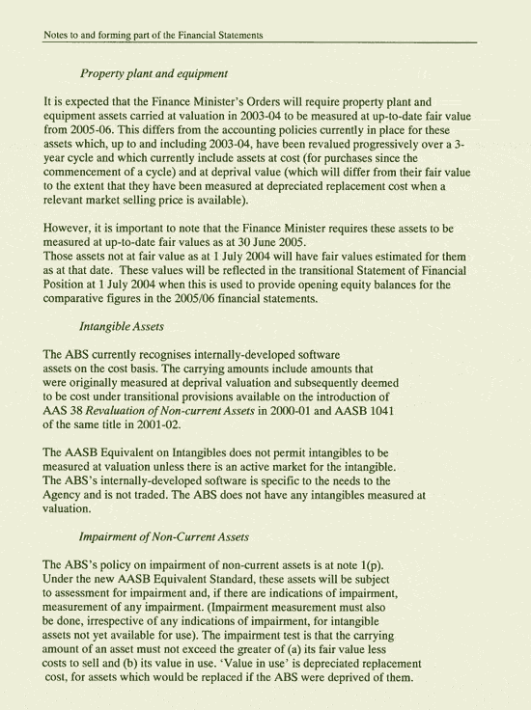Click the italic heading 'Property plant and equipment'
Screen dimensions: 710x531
(x=154, y=73)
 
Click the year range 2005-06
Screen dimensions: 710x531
(x=93, y=128)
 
